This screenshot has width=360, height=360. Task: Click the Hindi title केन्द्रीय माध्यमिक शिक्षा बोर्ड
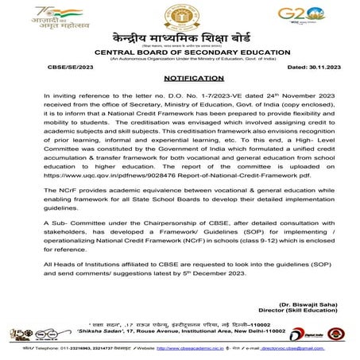point(180,40)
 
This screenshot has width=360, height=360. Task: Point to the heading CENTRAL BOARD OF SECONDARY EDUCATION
point(180,53)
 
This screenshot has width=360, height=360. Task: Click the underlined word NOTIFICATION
point(180,82)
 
